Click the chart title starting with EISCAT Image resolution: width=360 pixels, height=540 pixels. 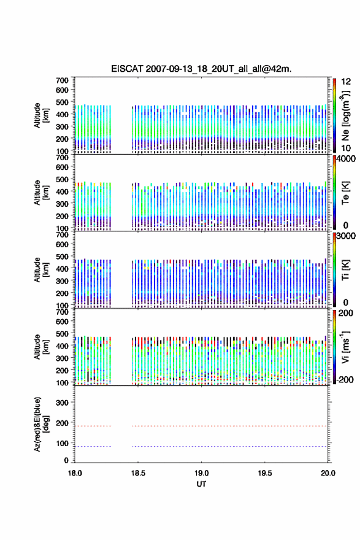[x=201, y=69]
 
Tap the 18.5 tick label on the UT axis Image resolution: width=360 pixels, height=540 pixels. [x=138, y=473]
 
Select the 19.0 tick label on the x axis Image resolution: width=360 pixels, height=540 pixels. [x=201, y=473]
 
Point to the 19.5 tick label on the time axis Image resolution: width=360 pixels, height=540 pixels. [x=265, y=473]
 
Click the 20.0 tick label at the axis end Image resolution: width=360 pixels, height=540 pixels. [x=328, y=473]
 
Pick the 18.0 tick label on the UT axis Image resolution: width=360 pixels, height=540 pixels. [x=75, y=473]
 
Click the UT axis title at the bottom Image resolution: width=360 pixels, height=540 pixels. [x=201, y=484]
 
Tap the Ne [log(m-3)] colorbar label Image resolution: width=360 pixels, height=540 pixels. [x=345, y=115]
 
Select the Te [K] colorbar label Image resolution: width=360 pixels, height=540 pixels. [x=345, y=193]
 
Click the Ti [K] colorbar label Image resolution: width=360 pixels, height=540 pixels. [x=345, y=270]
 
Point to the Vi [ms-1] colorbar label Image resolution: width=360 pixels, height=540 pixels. [x=345, y=347]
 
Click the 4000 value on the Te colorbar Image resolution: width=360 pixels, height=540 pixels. [x=346, y=159]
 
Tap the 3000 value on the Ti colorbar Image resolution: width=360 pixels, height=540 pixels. [x=346, y=236]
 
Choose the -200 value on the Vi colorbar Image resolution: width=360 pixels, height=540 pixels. [x=345, y=380]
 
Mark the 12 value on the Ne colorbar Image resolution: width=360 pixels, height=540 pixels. [x=347, y=82]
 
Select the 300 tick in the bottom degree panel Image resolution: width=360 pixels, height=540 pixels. [x=62, y=403]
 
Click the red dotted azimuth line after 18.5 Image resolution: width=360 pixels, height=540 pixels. [x=229, y=426]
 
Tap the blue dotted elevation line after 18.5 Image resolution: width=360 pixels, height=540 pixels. [x=229, y=447]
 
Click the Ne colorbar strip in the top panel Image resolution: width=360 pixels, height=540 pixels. [x=334, y=115]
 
